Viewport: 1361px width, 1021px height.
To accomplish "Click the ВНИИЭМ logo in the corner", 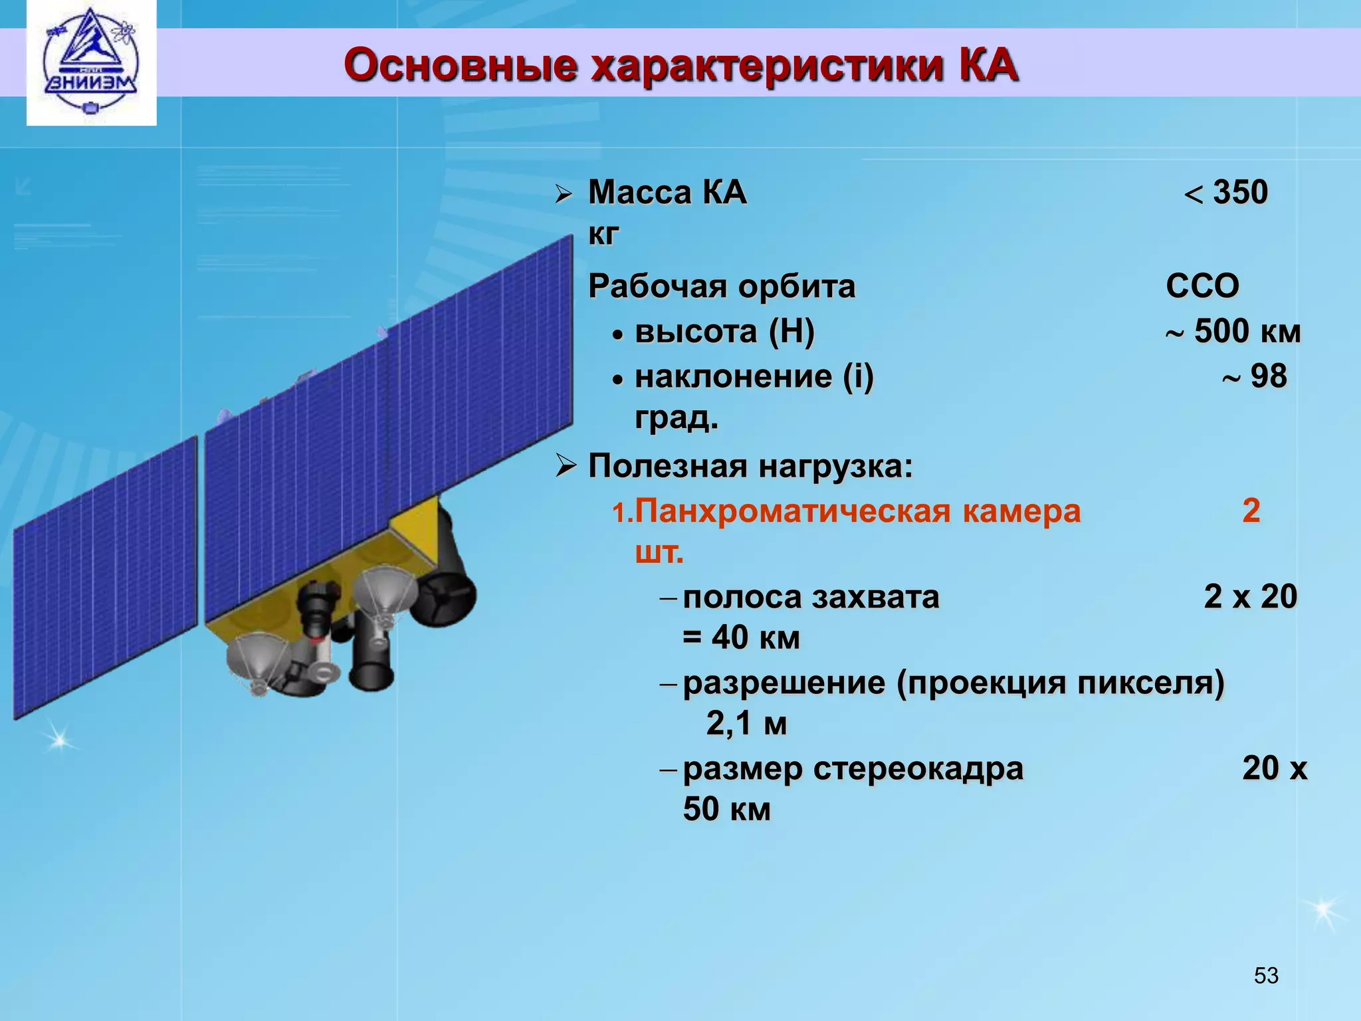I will (x=91, y=63).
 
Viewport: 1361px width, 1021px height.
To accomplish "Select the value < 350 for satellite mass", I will (x=1227, y=193).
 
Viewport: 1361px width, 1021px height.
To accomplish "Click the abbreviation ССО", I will (x=1202, y=286).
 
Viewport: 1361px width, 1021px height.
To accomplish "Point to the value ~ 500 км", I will (x=1233, y=332).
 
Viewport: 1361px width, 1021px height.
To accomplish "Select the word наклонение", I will (x=733, y=377).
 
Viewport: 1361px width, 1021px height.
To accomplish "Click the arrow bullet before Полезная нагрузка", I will (x=566, y=466).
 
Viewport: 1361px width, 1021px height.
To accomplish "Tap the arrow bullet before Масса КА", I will (x=564, y=194).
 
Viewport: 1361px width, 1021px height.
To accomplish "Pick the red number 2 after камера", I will (x=1251, y=510).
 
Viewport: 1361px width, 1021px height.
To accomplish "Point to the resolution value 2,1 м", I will (x=746, y=724).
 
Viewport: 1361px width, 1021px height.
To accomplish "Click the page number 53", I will (x=1266, y=975).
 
